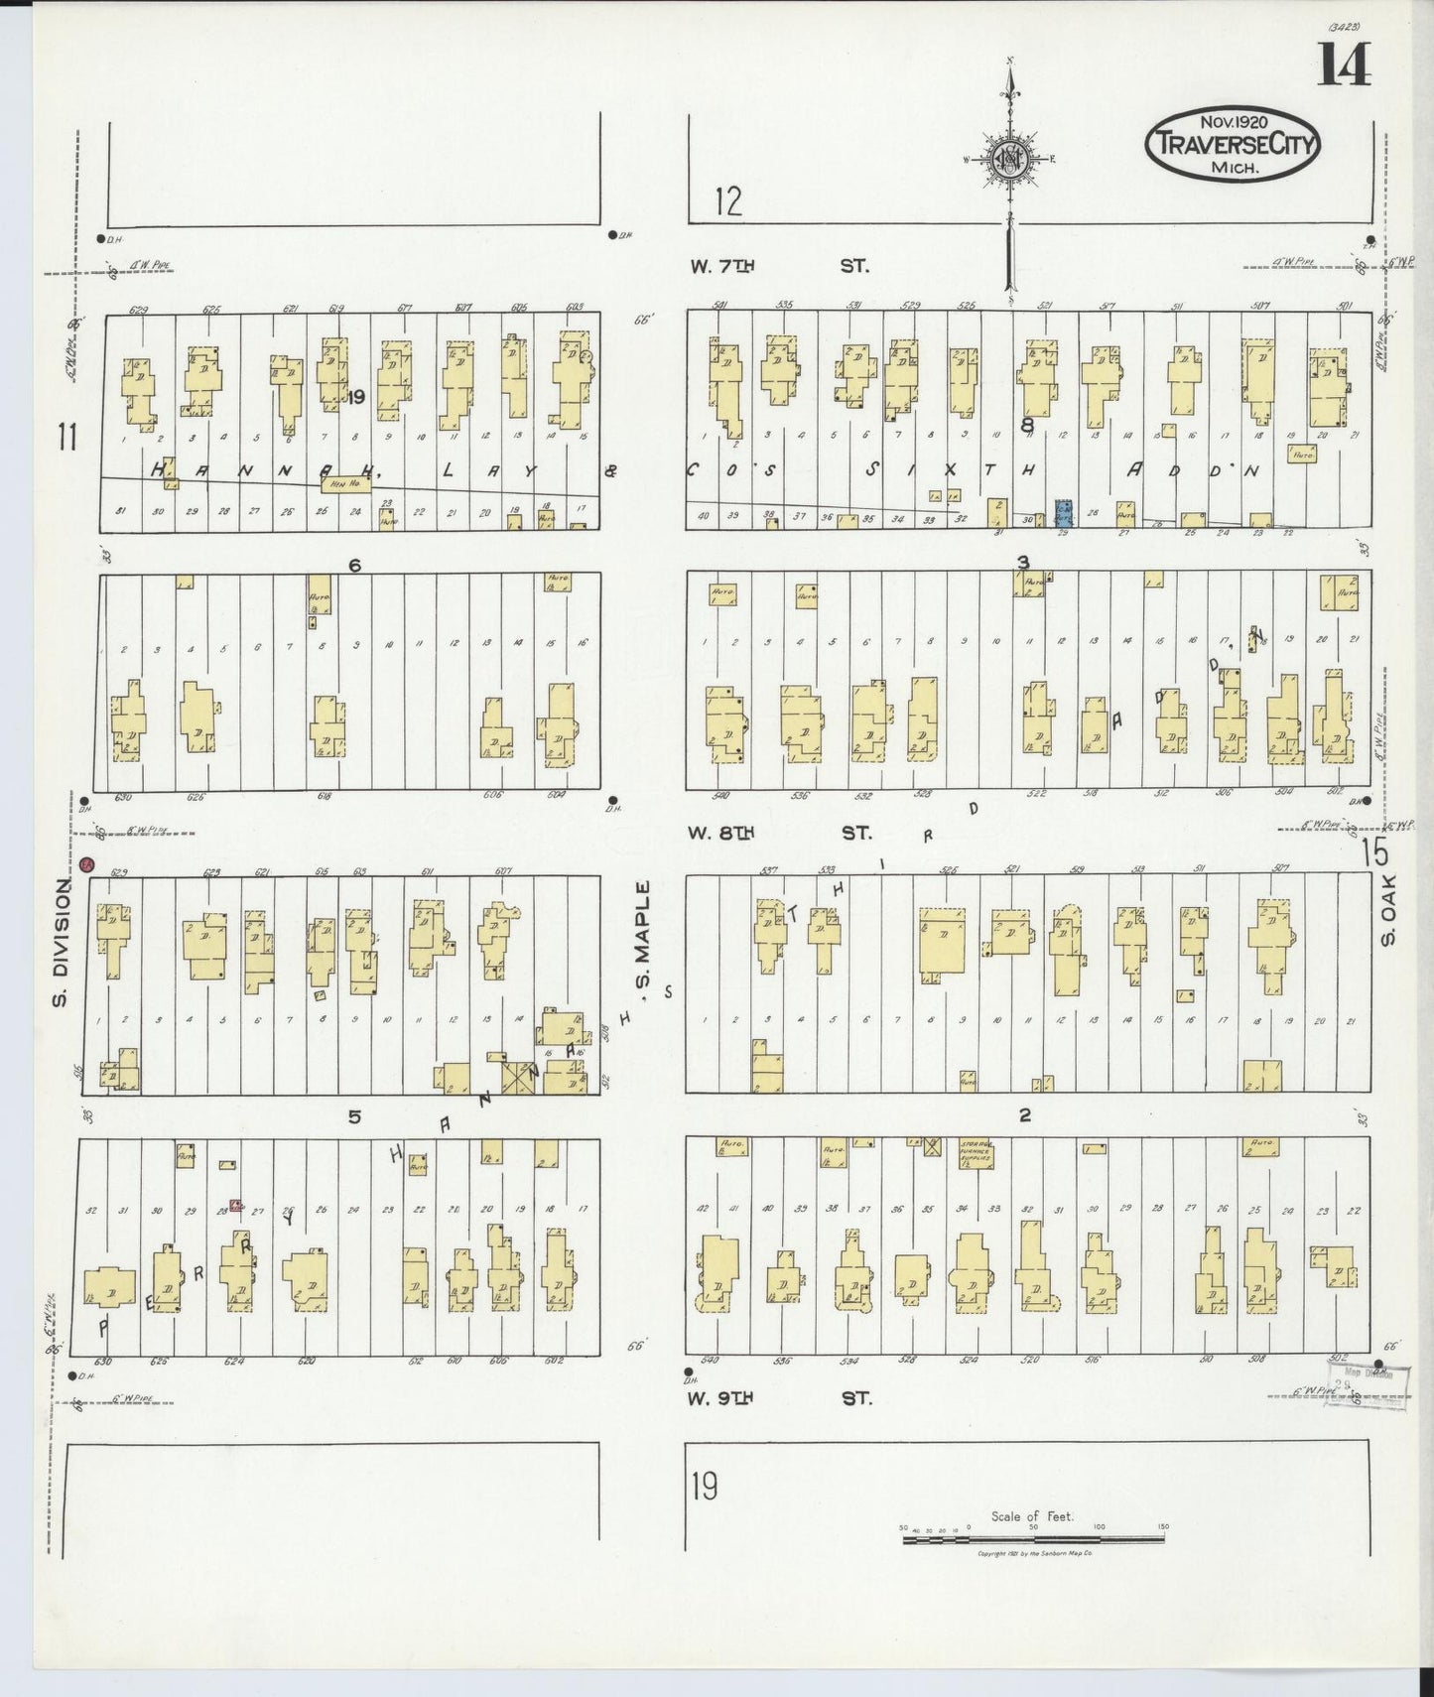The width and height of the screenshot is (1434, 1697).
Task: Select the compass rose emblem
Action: (1009, 158)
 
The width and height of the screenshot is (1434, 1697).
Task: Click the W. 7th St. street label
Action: (780, 266)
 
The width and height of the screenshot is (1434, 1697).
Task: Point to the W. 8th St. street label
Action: (780, 833)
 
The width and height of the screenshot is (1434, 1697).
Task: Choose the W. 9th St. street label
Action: (780, 1398)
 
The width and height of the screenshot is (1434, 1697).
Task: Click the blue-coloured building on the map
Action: (1064, 512)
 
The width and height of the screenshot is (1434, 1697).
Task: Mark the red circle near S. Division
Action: (87, 864)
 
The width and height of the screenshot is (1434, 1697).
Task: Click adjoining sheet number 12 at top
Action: (727, 202)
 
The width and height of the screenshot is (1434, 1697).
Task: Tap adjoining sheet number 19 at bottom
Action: (705, 1487)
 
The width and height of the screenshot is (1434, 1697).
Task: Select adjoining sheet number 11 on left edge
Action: (66, 437)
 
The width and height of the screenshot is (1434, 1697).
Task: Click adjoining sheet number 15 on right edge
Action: (1374, 851)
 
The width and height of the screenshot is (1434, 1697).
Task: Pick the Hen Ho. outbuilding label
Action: (344, 483)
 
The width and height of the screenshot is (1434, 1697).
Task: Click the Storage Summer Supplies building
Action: (977, 1153)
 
